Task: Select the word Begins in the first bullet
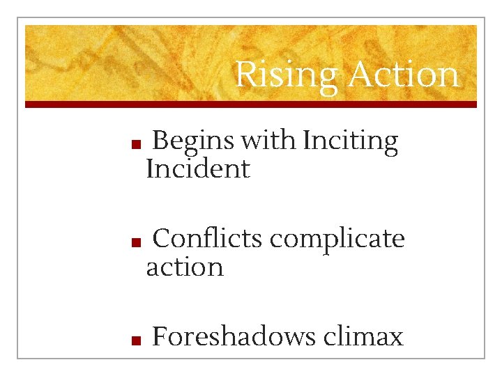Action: click(193, 141)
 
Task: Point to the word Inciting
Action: click(351, 141)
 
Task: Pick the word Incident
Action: click(197, 169)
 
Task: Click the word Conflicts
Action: click(208, 239)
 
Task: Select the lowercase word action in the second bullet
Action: click(185, 267)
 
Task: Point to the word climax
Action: click(363, 337)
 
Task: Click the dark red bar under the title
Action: click(251, 104)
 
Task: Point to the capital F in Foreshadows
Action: click(160, 337)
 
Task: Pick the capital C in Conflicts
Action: click(162, 239)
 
